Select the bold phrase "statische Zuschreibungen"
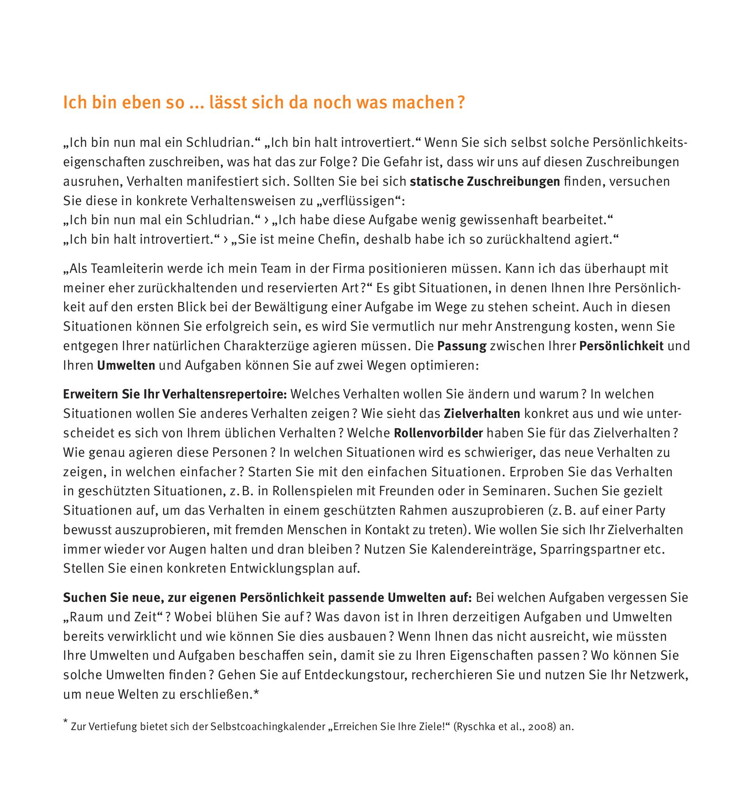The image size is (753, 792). pyautogui.click(x=485, y=182)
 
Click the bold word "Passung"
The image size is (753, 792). pyautogui.click(x=461, y=346)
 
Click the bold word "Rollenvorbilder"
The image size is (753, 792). pyautogui.click(x=438, y=432)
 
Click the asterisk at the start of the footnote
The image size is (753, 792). pyautogui.click(x=66, y=721)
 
